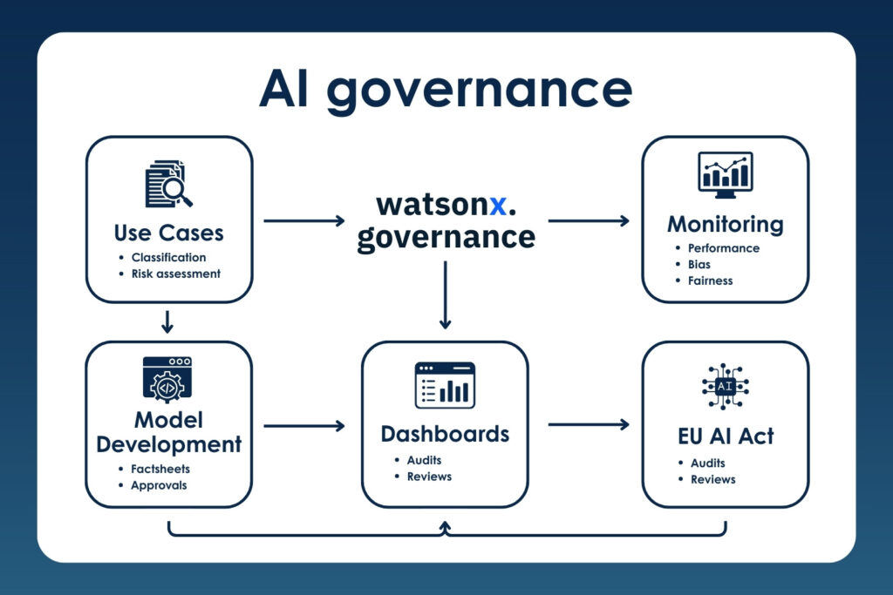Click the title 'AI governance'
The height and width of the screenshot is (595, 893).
tap(446, 90)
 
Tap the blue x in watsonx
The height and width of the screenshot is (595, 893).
tap(497, 205)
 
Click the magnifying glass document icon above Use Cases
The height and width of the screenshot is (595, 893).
tap(168, 184)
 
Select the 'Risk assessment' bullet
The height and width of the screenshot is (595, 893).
tap(175, 274)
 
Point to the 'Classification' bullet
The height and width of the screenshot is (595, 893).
tap(168, 257)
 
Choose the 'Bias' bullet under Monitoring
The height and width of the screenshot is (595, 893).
tap(699, 264)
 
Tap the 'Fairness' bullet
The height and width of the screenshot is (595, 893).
tap(709, 281)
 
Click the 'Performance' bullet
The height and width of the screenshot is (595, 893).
tap(722, 247)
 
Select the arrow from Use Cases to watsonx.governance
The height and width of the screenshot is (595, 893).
tap(303, 221)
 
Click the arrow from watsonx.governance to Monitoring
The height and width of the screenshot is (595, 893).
tap(589, 221)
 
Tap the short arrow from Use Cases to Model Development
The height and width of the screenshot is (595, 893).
tap(168, 321)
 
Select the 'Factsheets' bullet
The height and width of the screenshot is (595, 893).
tap(160, 469)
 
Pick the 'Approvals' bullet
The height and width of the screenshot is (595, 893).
tap(159, 485)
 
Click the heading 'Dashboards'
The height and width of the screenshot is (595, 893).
tap(445, 433)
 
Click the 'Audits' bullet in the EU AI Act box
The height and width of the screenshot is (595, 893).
tap(707, 463)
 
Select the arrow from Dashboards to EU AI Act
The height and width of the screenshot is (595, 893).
tap(589, 425)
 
